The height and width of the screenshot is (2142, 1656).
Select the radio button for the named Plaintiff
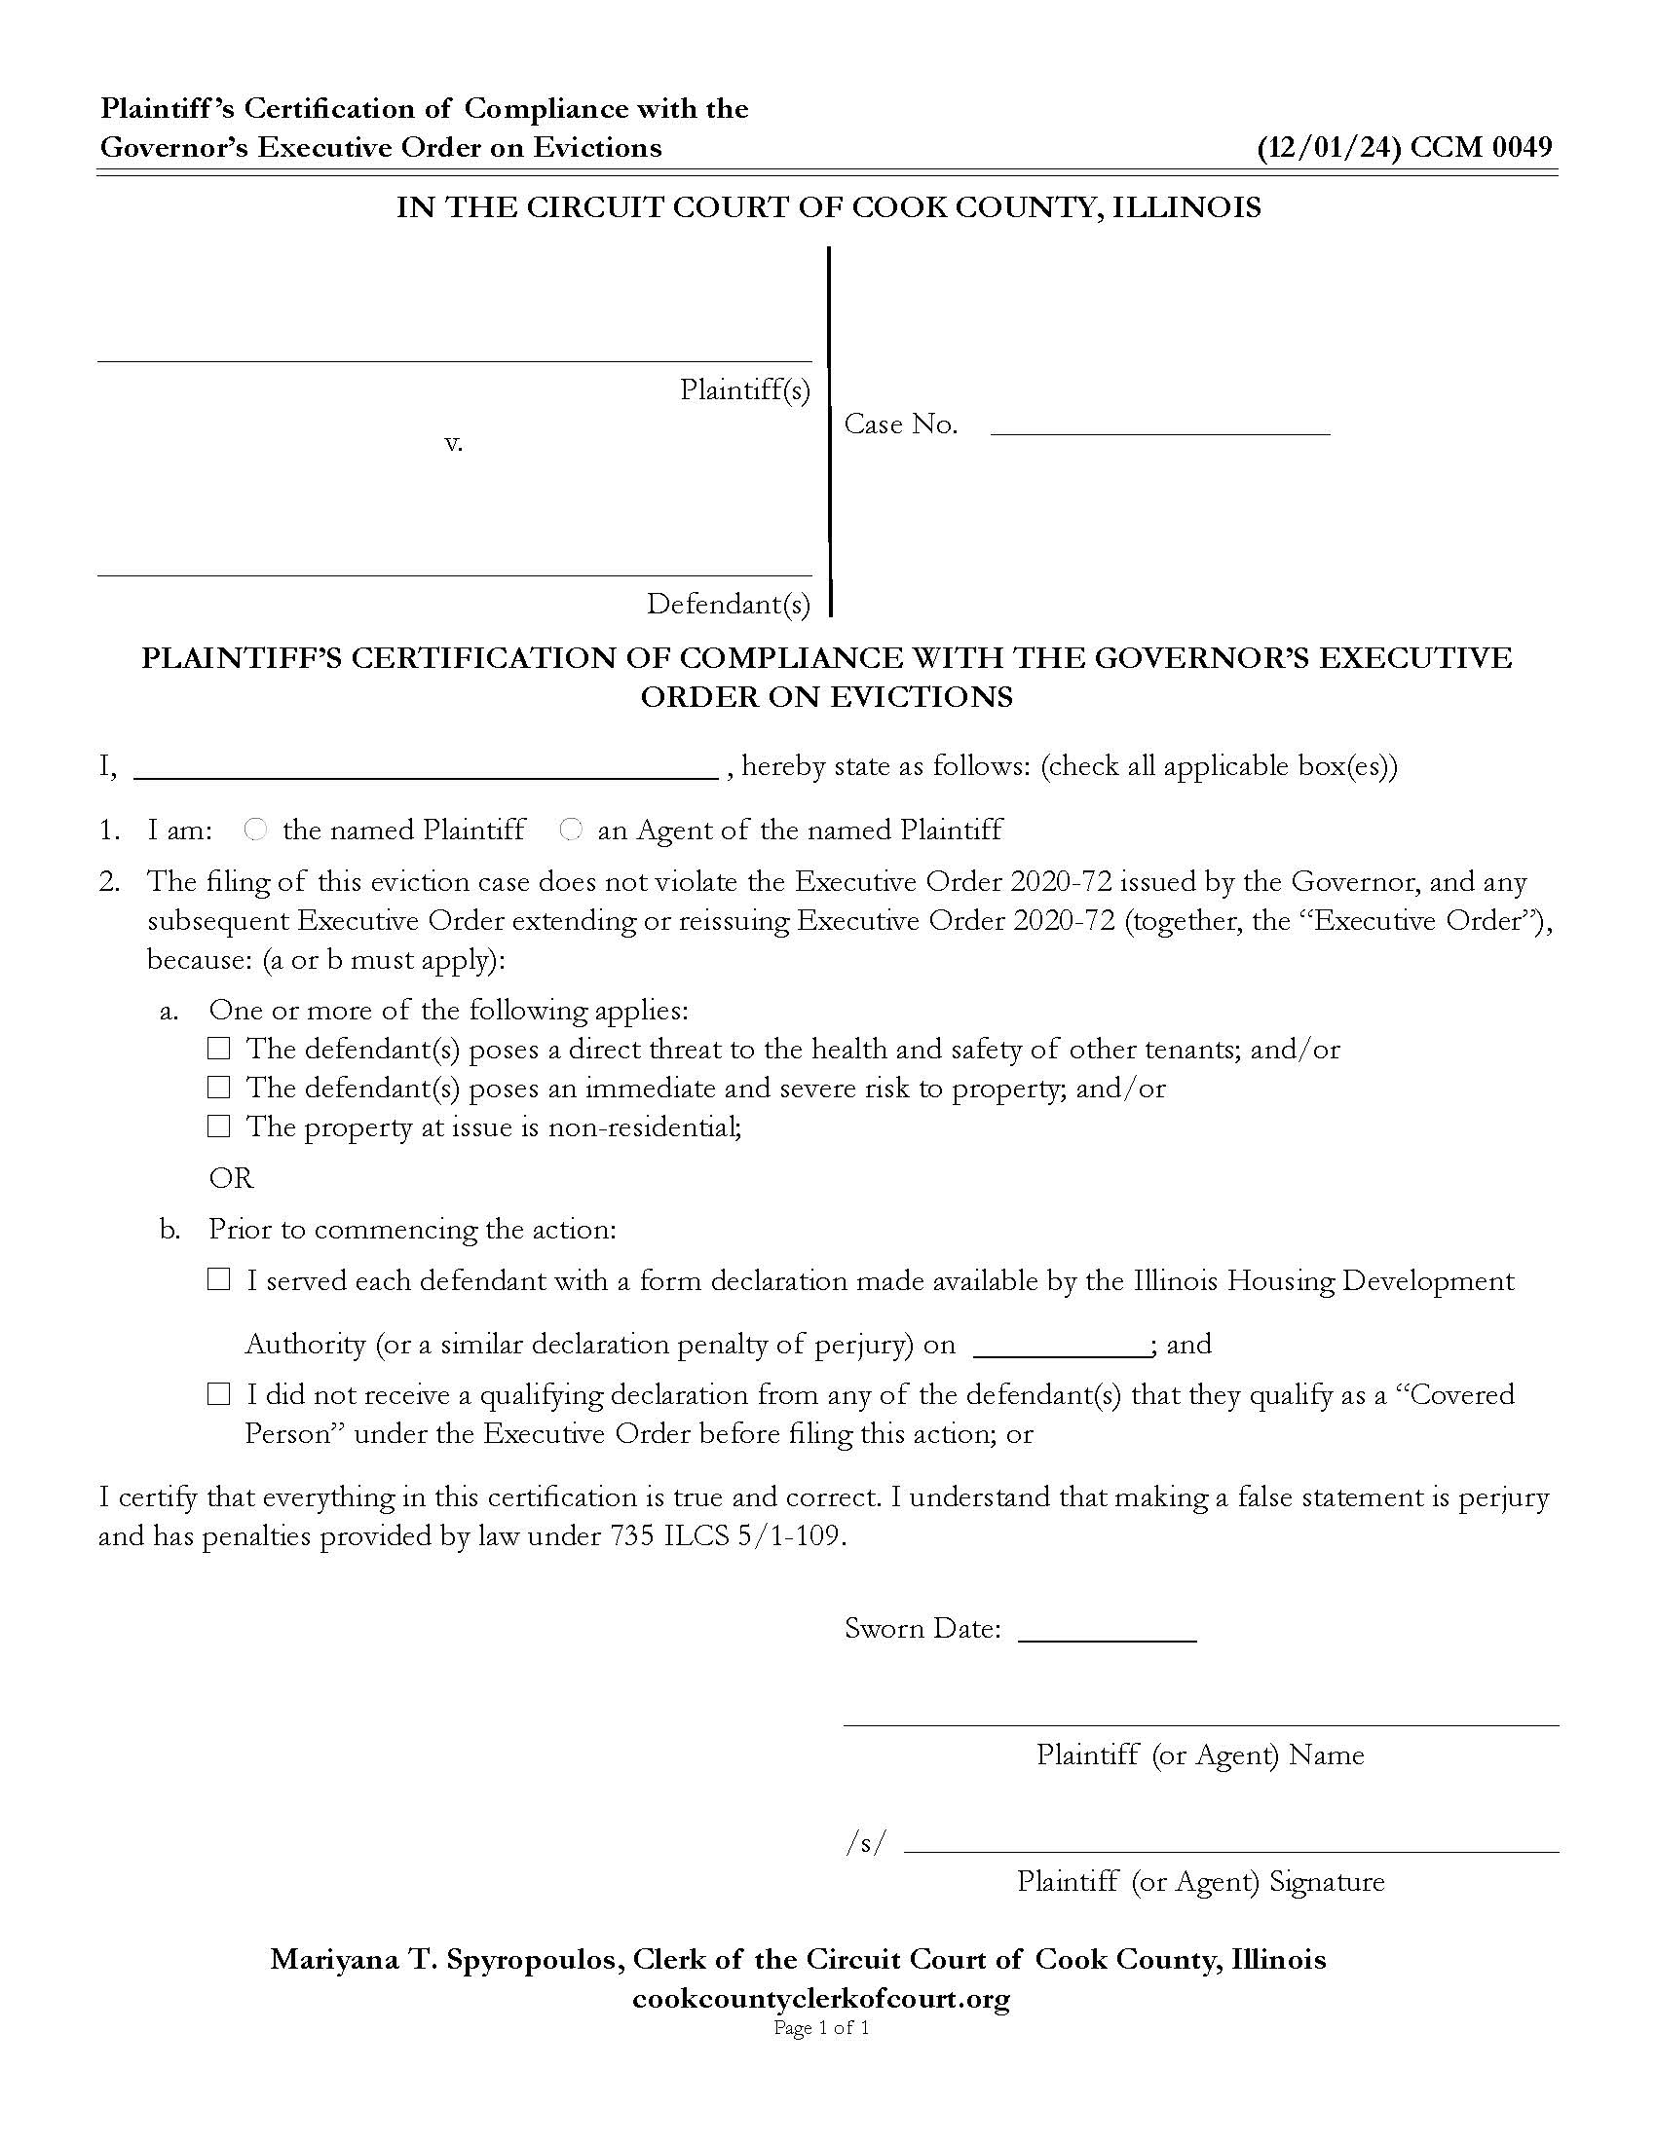coord(255,830)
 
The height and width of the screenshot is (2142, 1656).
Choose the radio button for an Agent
coord(570,830)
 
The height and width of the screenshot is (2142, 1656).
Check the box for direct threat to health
coord(219,1050)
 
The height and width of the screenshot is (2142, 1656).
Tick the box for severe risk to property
coord(219,1088)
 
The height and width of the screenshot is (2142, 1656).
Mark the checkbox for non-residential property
coord(219,1126)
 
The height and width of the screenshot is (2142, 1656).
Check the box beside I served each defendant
coord(219,1280)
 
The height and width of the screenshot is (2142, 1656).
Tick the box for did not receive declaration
coord(219,1394)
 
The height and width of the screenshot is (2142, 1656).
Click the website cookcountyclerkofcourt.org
coord(821,1999)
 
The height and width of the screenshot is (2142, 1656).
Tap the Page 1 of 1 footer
coord(821,2028)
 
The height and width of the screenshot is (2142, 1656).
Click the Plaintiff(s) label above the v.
coord(744,390)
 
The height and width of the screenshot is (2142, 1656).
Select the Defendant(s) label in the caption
coord(728,605)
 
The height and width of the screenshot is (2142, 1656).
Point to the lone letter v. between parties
coord(453,443)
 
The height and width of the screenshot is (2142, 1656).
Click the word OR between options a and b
coord(232,1177)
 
